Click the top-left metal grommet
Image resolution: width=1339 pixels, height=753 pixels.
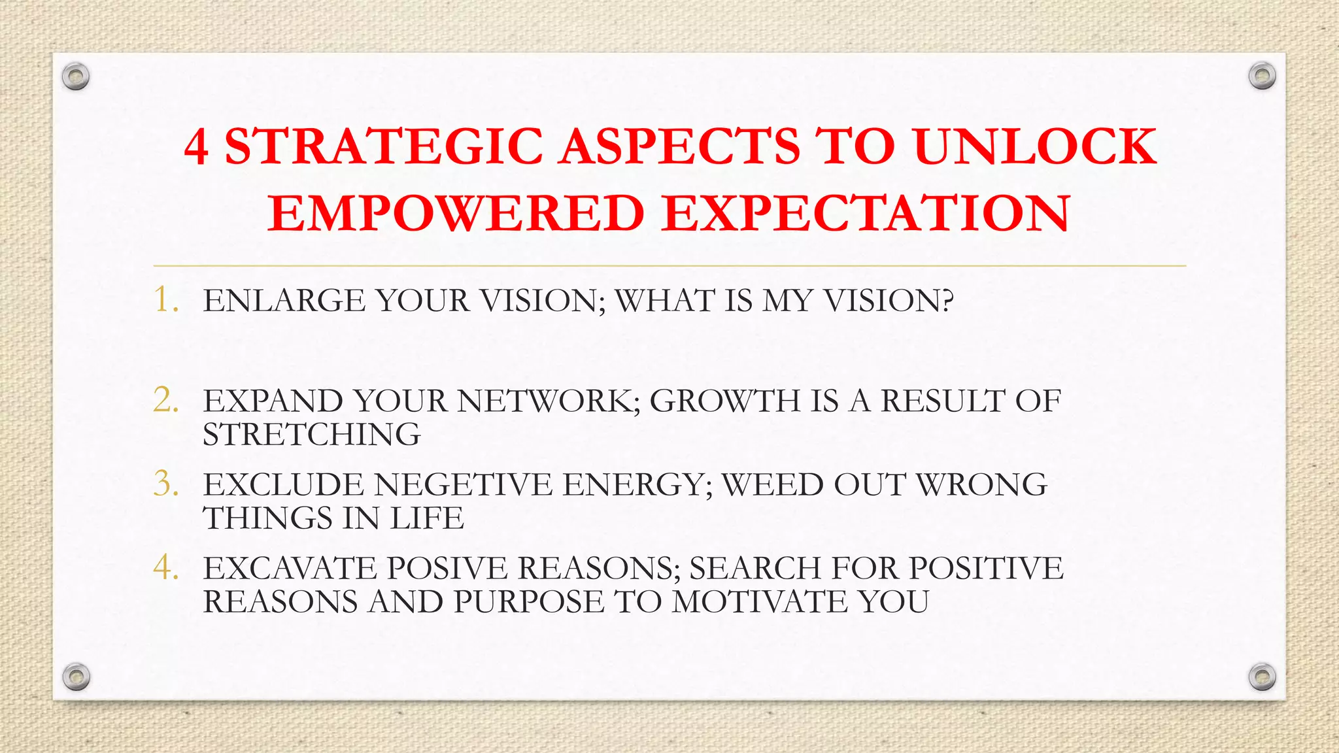pyautogui.click(x=76, y=77)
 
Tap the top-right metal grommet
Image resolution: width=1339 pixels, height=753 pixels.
pyautogui.click(x=1262, y=76)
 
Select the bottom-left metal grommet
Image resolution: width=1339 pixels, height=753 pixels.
pyautogui.click(x=76, y=677)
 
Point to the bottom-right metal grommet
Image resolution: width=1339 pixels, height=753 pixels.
pyautogui.click(x=1262, y=677)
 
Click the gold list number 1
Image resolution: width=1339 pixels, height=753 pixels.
pyautogui.click(x=166, y=300)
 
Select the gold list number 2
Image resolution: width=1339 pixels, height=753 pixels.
pyautogui.click(x=166, y=400)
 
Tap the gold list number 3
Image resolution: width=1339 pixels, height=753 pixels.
pyautogui.click(x=166, y=484)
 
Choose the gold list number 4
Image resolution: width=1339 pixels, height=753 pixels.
pyautogui.click(x=166, y=567)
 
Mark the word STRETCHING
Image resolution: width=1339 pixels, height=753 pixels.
pyautogui.click(x=312, y=435)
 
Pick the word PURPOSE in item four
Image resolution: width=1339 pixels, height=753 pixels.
pyautogui.click(x=528, y=602)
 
